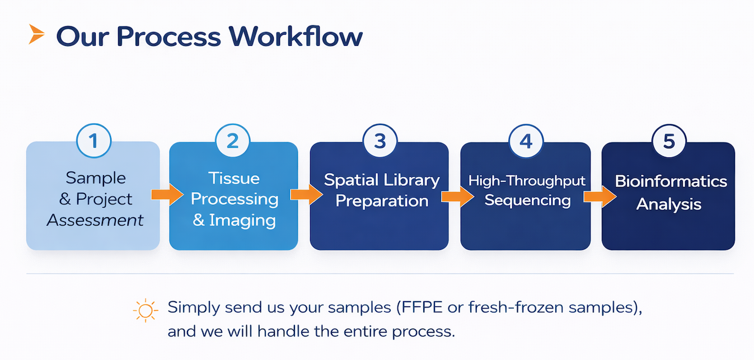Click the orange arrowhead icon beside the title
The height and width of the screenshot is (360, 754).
(x=36, y=35)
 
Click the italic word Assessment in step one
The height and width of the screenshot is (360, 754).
(x=95, y=220)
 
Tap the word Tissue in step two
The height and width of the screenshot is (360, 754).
(x=234, y=178)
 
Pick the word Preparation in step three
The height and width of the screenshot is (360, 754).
(x=382, y=201)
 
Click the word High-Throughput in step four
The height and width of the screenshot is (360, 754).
(x=527, y=181)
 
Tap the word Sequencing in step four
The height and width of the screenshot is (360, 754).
(x=527, y=200)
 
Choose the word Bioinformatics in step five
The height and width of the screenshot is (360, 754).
(x=671, y=181)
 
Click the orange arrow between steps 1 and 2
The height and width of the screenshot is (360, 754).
(x=167, y=195)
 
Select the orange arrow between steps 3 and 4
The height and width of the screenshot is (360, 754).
(x=457, y=197)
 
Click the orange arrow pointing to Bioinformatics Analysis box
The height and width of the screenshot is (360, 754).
(x=600, y=197)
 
